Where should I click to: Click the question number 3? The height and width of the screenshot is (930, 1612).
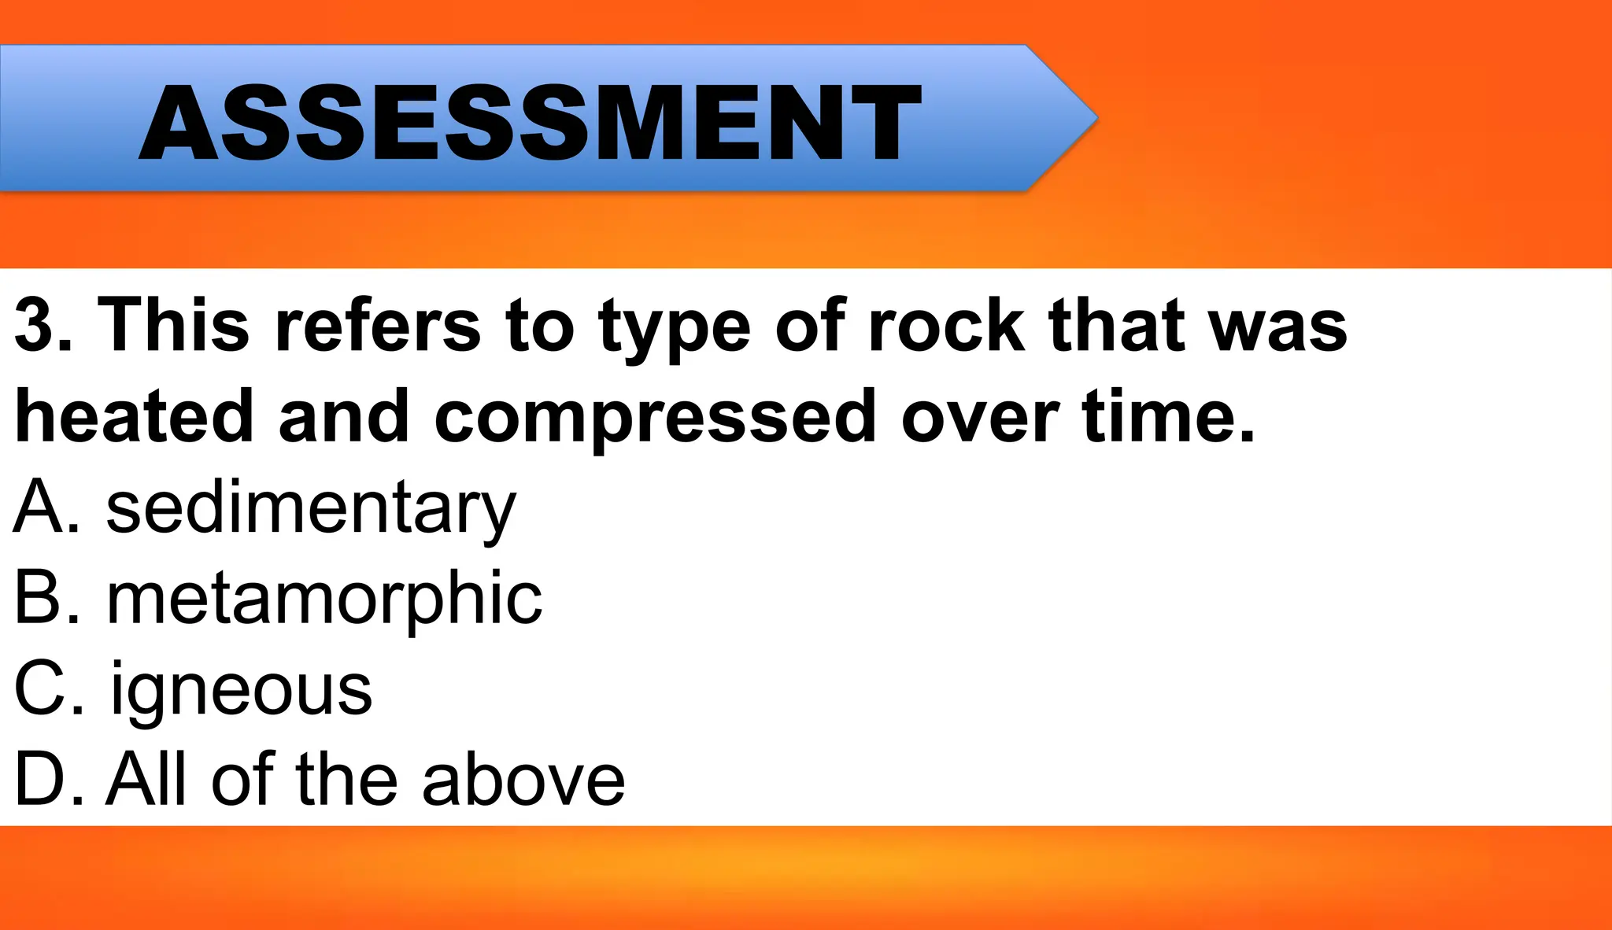click(35, 324)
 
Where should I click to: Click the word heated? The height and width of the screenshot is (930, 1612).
click(134, 415)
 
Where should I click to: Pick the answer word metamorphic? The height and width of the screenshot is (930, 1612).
click(324, 600)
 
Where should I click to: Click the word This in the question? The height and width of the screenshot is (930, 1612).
click(173, 324)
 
